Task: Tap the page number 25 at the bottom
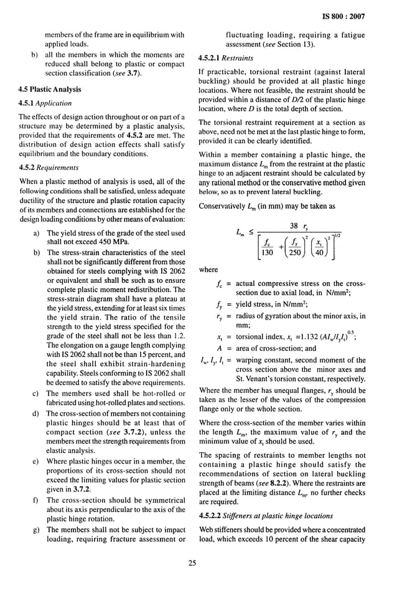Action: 198,564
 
